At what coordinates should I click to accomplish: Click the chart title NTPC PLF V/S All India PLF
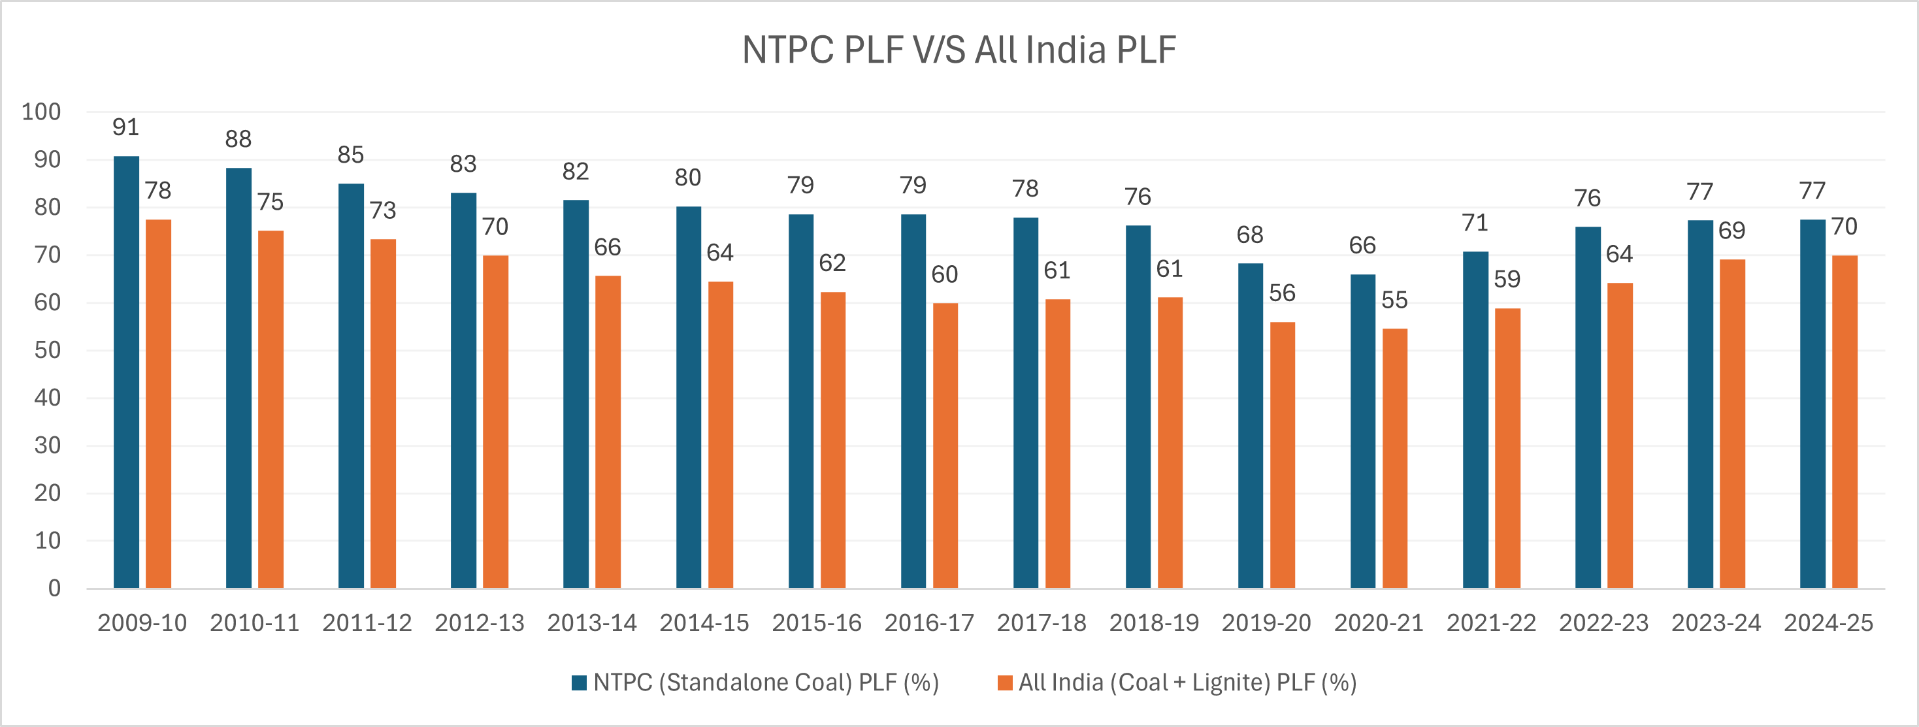(959, 50)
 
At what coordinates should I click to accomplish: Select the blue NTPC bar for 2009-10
(126, 372)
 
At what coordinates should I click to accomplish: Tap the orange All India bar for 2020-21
(1394, 458)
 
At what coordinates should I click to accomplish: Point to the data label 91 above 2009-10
(126, 127)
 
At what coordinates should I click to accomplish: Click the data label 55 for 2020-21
(1394, 300)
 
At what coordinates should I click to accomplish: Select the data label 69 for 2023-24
(1731, 230)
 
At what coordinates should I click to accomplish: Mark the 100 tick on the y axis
(41, 112)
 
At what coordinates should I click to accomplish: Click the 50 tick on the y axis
(47, 350)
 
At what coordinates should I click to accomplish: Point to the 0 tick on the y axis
(54, 589)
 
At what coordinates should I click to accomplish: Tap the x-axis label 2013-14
(591, 622)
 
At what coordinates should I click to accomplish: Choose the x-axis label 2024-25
(1828, 622)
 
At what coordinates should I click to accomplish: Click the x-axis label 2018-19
(1153, 622)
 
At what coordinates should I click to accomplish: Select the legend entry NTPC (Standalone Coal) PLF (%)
(765, 683)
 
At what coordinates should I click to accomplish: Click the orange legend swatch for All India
(1004, 683)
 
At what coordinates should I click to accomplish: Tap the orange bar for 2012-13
(495, 421)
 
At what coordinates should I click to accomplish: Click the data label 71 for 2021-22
(1475, 223)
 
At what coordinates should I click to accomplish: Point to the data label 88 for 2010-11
(238, 139)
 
